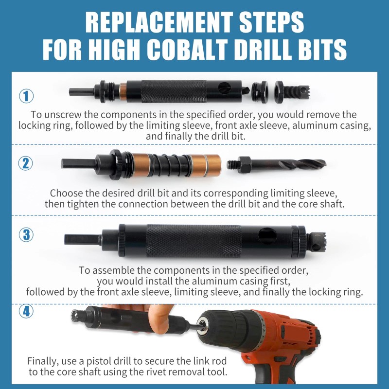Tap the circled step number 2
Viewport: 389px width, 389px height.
[26, 163]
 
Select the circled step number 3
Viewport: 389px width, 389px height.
[26, 235]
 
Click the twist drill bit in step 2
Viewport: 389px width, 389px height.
[287, 163]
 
